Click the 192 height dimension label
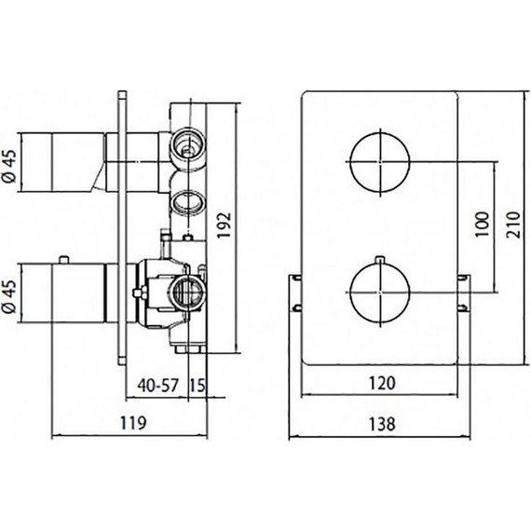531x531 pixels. point(224,225)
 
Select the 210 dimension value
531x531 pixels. point(513,225)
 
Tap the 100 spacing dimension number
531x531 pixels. point(483,225)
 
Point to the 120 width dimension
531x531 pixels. point(382,383)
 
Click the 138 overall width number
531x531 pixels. point(382,424)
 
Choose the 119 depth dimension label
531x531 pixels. point(133,423)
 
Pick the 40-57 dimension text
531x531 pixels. point(157,385)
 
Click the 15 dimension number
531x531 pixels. point(197,385)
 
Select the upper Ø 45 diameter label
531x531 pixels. point(10,166)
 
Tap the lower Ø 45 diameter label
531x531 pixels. point(10,296)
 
